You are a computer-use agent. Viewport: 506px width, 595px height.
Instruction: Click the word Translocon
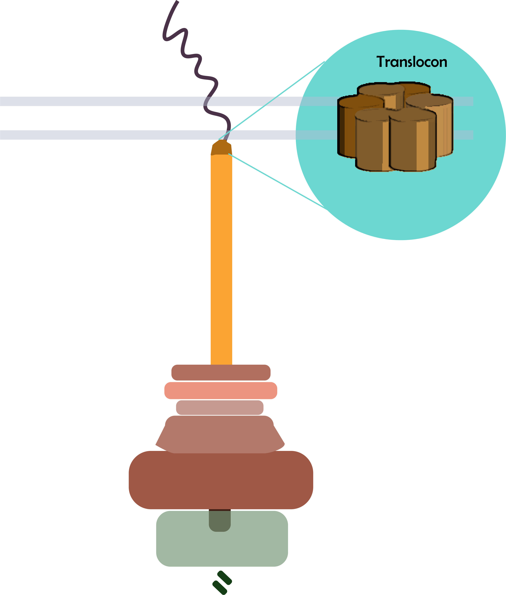click(x=412, y=62)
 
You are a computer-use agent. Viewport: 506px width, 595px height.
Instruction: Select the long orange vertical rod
click(x=221, y=258)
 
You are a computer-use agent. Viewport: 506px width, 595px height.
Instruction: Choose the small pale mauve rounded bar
click(x=220, y=407)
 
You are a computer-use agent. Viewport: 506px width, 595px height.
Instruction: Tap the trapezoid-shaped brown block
click(x=220, y=435)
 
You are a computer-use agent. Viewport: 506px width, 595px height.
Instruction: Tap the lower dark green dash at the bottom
click(x=220, y=588)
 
